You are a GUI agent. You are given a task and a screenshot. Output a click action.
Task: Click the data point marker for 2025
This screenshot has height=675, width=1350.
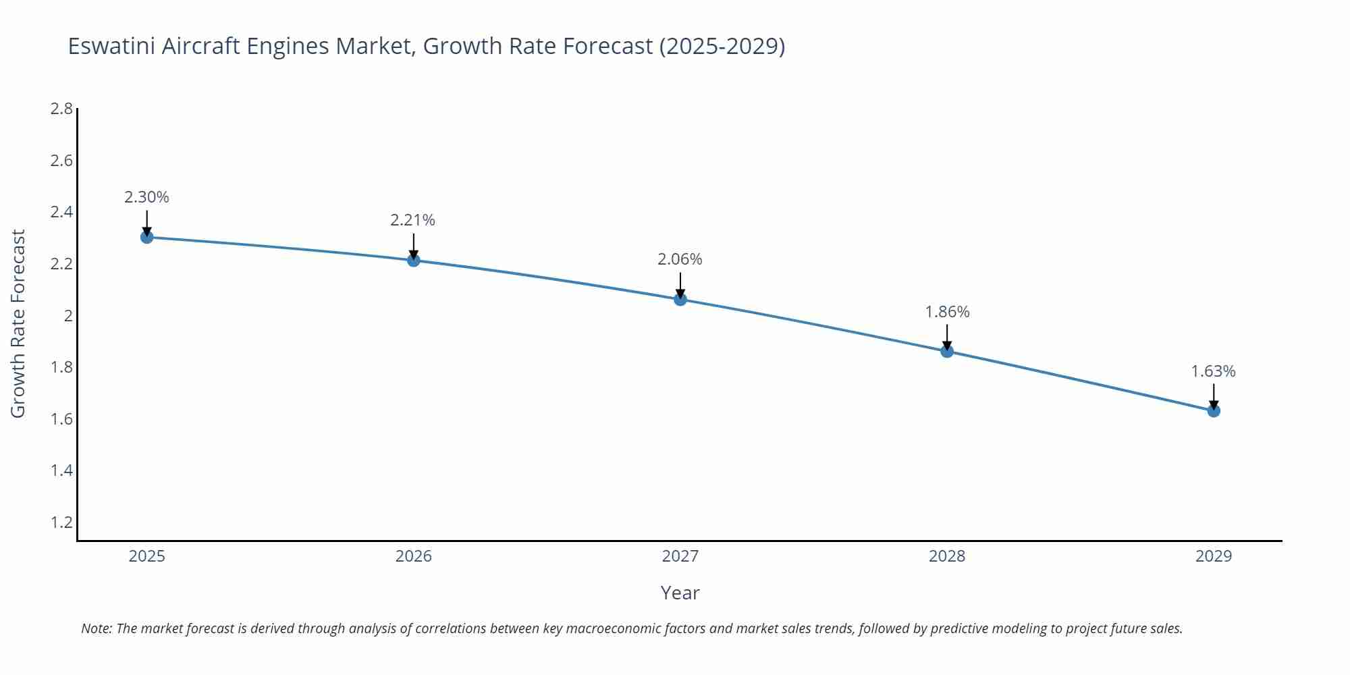[146, 237]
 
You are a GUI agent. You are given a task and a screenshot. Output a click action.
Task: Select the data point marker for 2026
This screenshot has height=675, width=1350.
[414, 260]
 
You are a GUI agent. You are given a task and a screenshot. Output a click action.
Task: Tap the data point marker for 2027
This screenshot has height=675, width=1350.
[680, 299]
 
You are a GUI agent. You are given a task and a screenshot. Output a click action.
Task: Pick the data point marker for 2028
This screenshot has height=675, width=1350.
[947, 351]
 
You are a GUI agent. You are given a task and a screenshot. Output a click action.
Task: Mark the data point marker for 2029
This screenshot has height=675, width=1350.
[1214, 410]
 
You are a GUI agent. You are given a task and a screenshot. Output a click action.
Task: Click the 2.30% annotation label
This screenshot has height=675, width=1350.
[146, 197]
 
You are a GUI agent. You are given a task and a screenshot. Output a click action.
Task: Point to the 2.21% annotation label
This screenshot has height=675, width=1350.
[413, 220]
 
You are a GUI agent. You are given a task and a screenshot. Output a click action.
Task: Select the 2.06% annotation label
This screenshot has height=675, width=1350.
[680, 259]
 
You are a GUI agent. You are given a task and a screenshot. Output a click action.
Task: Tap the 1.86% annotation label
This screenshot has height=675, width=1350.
[947, 312]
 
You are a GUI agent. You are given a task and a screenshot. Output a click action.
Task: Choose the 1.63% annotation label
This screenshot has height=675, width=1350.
[1213, 371]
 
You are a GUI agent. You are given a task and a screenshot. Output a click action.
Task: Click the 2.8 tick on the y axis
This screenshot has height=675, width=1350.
[61, 109]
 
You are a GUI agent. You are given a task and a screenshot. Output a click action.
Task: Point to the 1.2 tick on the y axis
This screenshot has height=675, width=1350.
[61, 522]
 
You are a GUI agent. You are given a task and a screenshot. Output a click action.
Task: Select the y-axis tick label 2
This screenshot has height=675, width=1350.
[68, 316]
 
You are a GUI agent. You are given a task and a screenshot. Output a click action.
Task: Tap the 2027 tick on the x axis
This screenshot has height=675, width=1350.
[680, 556]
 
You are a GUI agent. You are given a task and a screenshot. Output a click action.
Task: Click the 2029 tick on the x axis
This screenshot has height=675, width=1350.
[1214, 556]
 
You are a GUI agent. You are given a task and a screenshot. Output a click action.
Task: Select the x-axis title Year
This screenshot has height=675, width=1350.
[680, 593]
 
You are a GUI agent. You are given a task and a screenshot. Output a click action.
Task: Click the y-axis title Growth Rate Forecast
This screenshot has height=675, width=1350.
[18, 324]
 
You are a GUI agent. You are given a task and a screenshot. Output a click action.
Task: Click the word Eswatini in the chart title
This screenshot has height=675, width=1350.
[112, 46]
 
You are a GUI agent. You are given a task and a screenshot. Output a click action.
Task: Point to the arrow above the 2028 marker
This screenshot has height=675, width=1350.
[947, 336]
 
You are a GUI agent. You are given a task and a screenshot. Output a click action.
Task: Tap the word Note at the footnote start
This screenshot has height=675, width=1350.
[97, 628]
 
